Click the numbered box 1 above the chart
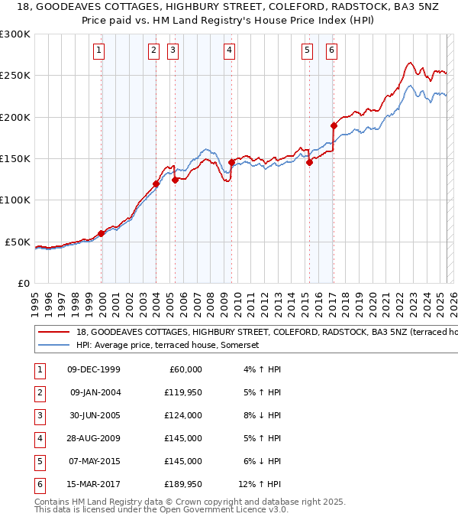tap(100, 51)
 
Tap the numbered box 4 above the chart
tap(229, 51)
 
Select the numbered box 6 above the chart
tap(332, 51)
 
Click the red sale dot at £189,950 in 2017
tap(334, 125)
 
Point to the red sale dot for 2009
tap(231, 162)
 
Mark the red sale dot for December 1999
tap(102, 233)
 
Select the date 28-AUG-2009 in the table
tap(94, 438)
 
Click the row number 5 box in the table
tap(39, 461)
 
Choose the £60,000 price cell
tap(185, 369)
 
